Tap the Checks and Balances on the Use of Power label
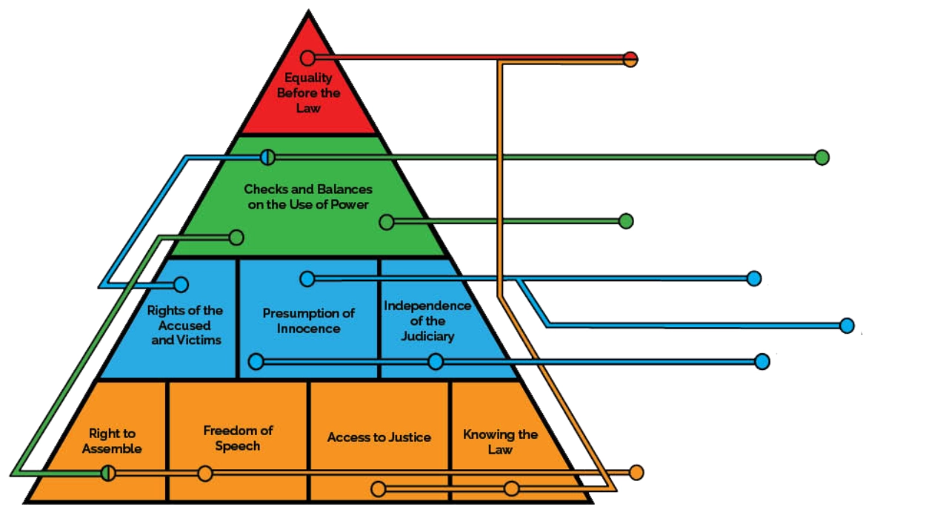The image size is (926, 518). pos(308,197)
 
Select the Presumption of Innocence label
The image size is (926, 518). pos(308,320)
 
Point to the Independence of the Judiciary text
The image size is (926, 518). pos(427,320)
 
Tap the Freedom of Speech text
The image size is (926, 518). pos(238,438)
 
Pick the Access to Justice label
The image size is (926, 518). pos(379,437)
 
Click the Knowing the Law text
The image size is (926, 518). pos(500,441)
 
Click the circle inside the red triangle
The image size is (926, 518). pos(308,58)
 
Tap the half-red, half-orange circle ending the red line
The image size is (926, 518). pos(630,59)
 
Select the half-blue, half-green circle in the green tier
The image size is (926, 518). pos(267,157)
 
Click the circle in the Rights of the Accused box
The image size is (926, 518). pos(181,285)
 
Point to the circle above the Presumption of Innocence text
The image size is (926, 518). pos(307,278)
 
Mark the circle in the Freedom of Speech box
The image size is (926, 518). pos(205,474)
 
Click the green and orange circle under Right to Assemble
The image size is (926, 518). pos(109,473)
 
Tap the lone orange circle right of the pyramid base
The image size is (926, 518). pos(636,472)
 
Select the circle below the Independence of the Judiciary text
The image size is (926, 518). pos(436,361)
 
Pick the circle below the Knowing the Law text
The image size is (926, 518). pos(511,488)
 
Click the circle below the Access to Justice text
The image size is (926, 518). pos(378,488)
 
